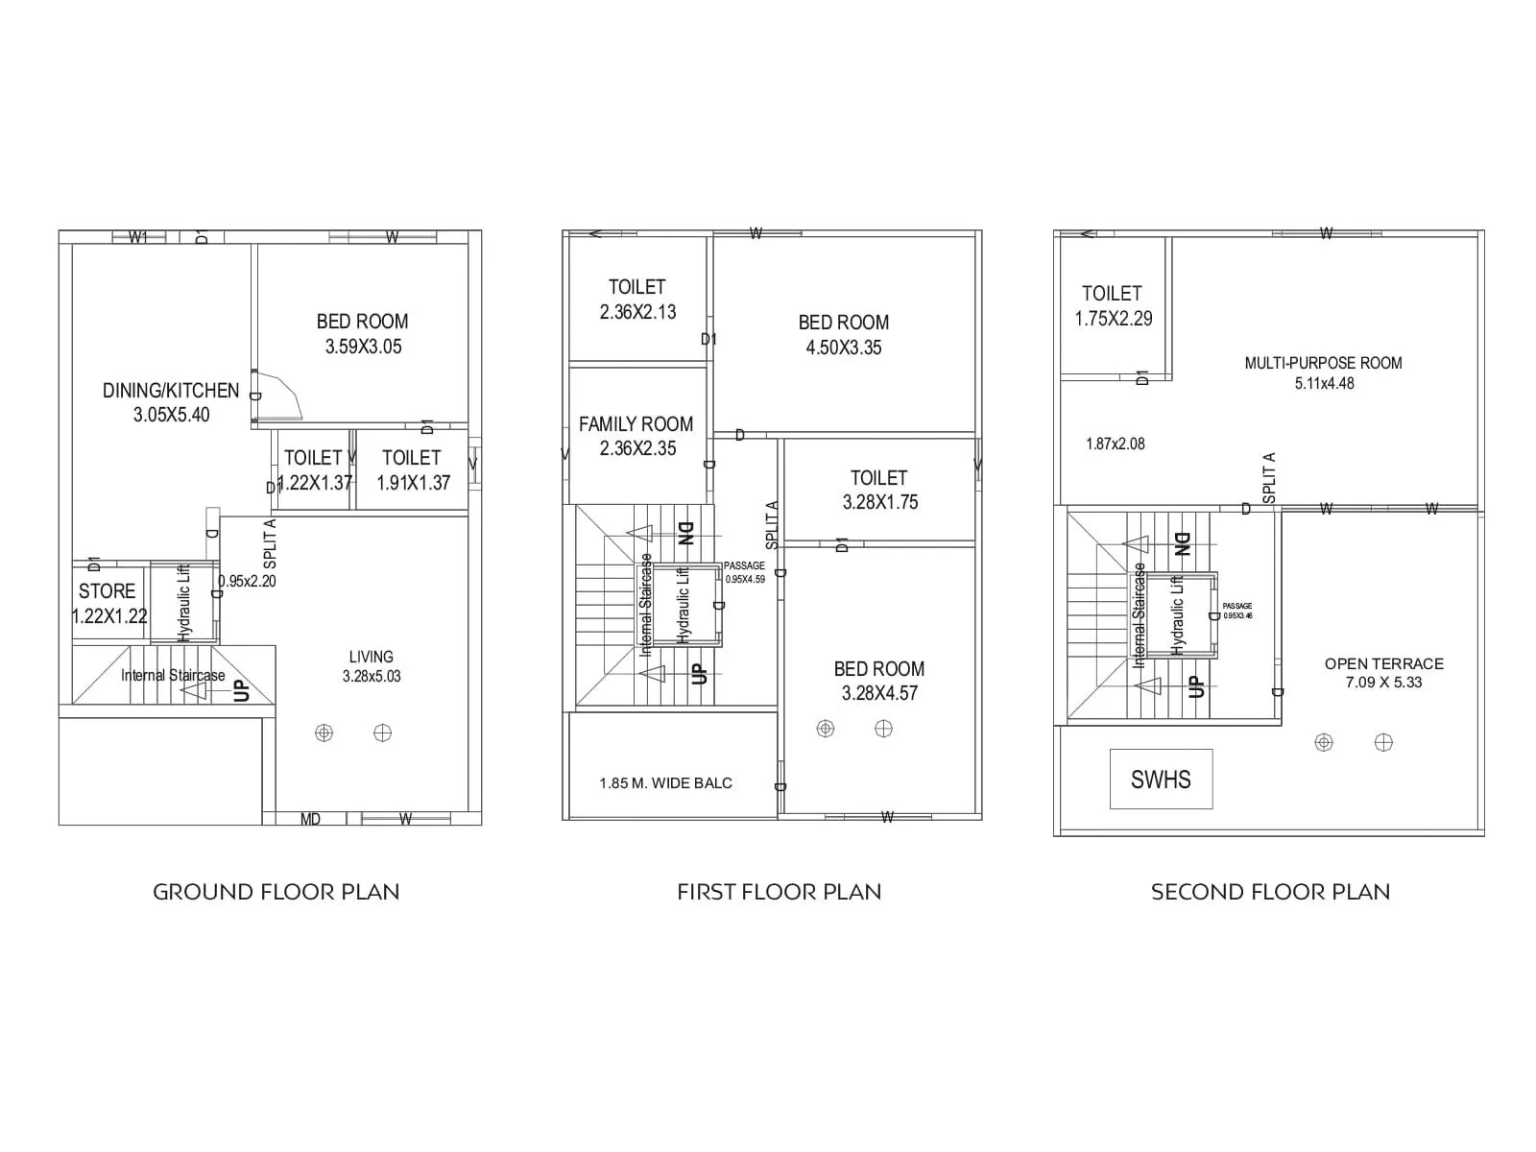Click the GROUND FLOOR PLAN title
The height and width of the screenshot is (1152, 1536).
tap(276, 892)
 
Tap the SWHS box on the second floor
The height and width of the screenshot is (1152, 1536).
tap(1161, 780)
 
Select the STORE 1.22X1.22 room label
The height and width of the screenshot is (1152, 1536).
tap(108, 604)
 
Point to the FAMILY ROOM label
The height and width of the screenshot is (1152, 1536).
tap(636, 436)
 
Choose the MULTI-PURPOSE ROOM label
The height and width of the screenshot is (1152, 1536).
tap(1323, 372)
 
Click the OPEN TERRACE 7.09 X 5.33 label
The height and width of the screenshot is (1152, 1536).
tap(1383, 673)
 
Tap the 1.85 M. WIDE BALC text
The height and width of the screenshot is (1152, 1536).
tap(665, 783)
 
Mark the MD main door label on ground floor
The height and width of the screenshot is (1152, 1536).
tap(310, 819)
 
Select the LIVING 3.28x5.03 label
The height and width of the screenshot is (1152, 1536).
tap(372, 666)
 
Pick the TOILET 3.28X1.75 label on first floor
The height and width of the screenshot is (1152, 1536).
tap(879, 490)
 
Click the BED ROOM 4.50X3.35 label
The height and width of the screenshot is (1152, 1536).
tap(843, 335)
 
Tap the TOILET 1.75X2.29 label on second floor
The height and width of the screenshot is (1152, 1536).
tap(1113, 305)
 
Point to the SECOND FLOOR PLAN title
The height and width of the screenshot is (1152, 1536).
tap(1270, 892)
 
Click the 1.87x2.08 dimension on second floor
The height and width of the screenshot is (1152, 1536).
tap(1115, 444)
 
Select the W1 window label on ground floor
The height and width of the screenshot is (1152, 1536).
tap(137, 237)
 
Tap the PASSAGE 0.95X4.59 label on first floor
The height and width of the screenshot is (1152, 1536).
tap(744, 572)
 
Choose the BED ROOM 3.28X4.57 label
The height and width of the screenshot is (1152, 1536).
tap(879, 681)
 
